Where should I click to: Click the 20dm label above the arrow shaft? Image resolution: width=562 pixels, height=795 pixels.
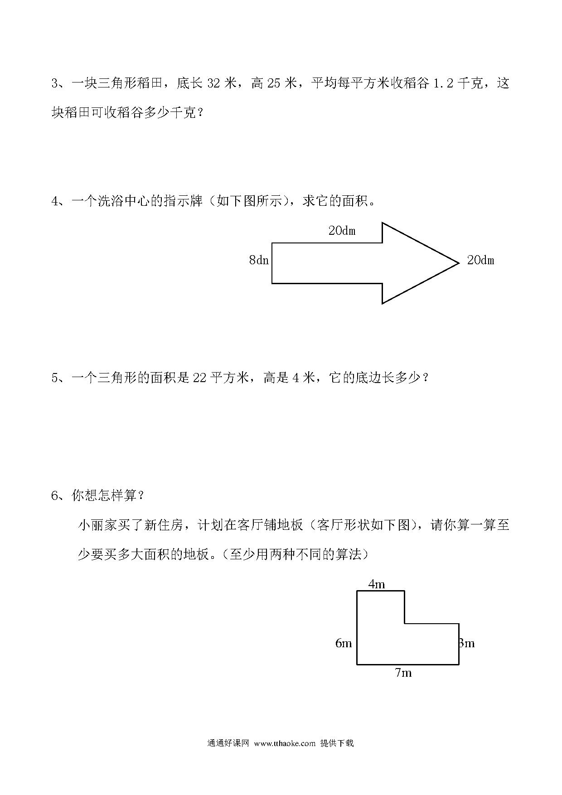[x=342, y=231]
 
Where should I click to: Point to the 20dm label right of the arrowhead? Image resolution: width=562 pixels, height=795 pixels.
[x=480, y=260]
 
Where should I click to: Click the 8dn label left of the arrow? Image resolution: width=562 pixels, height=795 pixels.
[x=259, y=260]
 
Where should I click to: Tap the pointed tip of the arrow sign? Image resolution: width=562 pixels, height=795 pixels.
[x=459, y=262]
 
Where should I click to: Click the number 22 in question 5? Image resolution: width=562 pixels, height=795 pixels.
[x=199, y=378]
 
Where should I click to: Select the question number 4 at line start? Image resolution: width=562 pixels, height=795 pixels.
[x=55, y=201]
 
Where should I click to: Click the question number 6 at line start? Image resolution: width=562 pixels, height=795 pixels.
[x=55, y=496]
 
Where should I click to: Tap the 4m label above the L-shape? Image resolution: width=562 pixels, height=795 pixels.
[x=377, y=584]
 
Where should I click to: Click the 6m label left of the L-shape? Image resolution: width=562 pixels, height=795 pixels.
[x=344, y=643]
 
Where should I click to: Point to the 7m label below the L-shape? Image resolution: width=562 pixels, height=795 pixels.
[x=403, y=673]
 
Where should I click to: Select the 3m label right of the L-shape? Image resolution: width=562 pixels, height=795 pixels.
[x=467, y=643]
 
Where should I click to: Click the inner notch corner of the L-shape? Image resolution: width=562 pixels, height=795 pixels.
[x=404, y=624]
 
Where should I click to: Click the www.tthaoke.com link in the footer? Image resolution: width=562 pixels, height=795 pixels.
[x=285, y=743]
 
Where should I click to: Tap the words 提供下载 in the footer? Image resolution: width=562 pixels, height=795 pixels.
[x=337, y=743]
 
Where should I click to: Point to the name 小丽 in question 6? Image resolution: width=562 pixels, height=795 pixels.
[x=91, y=525]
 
